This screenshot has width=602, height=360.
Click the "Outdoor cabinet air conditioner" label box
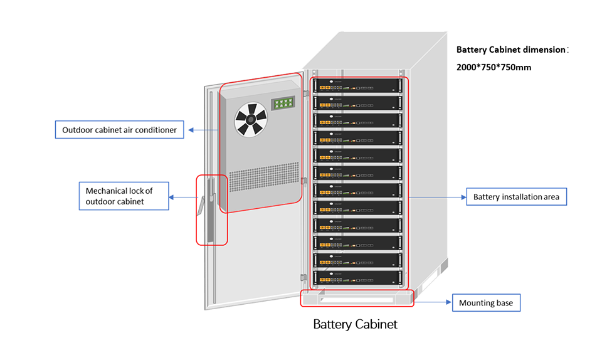(x=119, y=130)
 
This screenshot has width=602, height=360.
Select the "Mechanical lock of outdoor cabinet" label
(x=124, y=196)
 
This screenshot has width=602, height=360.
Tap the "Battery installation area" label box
(x=516, y=197)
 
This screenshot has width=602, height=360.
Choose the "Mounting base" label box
(x=486, y=303)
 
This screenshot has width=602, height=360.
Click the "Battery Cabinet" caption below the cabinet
(x=355, y=324)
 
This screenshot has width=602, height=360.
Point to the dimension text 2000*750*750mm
(x=494, y=67)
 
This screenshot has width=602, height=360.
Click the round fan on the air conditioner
(x=250, y=119)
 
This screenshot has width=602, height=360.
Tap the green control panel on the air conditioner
(x=283, y=103)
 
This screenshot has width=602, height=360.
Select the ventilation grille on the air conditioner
(x=263, y=181)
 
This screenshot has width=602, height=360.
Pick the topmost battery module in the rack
(x=360, y=85)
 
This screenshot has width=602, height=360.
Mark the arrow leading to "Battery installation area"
(x=436, y=197)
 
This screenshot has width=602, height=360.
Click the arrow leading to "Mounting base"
(x=433, y=303)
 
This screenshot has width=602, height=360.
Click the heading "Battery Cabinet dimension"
(x=510, y=50)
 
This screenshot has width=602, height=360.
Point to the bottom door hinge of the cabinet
(x=303, y=277)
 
